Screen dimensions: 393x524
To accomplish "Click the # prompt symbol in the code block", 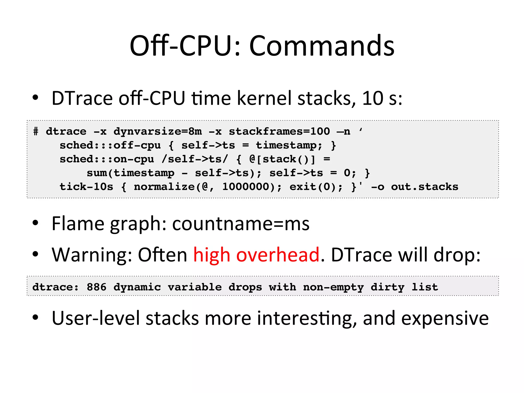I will pyautogui.click(x=36, y=132).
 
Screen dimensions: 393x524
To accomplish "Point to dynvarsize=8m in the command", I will pyautogui.click(x=158, y=132).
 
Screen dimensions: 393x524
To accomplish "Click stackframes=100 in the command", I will pyautogui.click(x=279, y=132).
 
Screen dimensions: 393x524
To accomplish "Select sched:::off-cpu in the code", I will pyautogui.click(x=110, y=145).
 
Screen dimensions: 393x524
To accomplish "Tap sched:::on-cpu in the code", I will pyautogui.click(x=107, y=159).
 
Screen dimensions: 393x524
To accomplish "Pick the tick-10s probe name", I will pyautogui.click(x=86, y=187).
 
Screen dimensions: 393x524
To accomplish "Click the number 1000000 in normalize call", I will pyautogui.click(x=246, y=187).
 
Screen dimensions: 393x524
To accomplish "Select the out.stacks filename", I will pyautogui.click(x=424, y=187).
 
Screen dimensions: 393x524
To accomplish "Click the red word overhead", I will pyautogui.click(x=278, y=255).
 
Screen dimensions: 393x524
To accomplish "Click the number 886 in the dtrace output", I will pyautogui.click(x=96, y=287).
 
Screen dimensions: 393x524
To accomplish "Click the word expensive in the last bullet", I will pyautogui.click(x=445, y=318).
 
